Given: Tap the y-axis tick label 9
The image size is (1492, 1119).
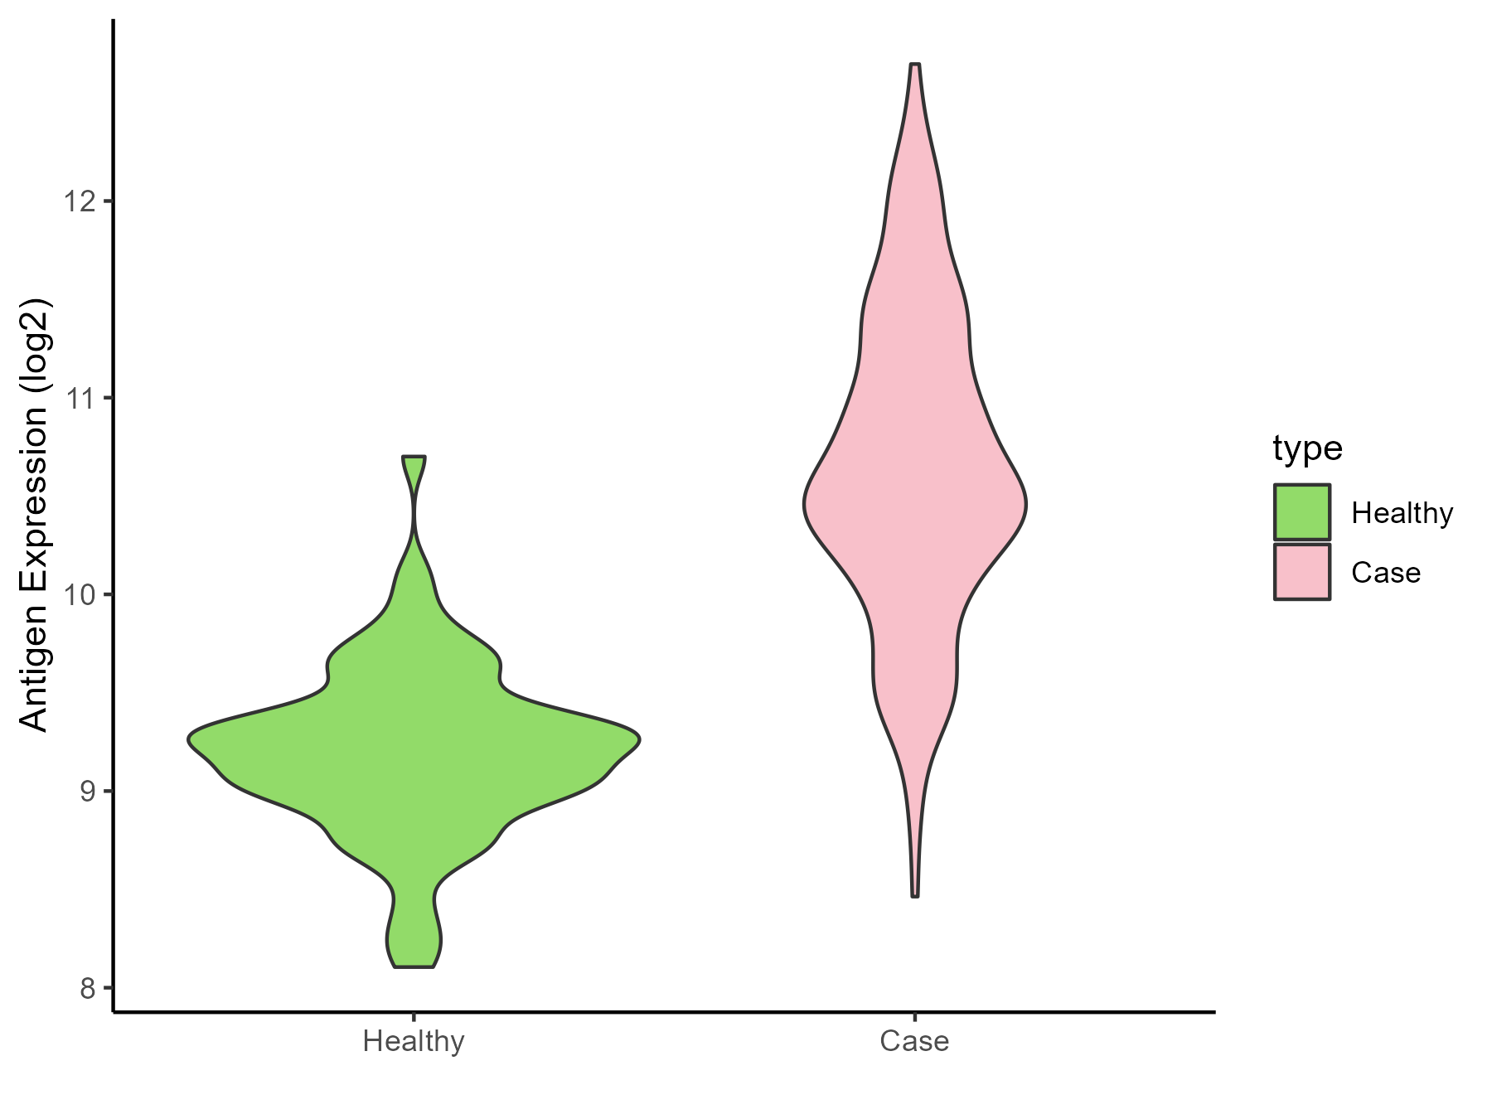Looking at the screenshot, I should (87, 792).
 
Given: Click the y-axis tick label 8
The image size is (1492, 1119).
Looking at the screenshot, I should (87, 988).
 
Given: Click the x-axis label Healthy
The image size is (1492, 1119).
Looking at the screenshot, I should (414, 1040).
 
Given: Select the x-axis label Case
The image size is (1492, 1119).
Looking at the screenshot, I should (914, 1040).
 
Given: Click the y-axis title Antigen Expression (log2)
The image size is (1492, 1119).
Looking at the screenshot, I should (35, 514).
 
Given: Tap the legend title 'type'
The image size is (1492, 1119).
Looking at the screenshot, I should (1307, 448).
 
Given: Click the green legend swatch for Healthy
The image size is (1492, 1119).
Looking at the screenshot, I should (1302, 512).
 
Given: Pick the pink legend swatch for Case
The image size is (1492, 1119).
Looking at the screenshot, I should (1302, 572).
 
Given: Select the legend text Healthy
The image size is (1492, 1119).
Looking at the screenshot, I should (1402, 513).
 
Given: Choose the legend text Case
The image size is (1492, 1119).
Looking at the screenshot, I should (1386, 573).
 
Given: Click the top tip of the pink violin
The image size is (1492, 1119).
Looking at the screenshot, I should (915, 65).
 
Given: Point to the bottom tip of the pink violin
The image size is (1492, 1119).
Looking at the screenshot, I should (915, 895).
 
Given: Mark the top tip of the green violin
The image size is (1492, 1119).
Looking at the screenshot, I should (414, 458).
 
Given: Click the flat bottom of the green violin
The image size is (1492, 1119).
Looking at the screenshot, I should (414, 966).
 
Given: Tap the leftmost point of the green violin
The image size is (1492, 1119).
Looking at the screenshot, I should (190, 737).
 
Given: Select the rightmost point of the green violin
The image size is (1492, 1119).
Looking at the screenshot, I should (639, 737).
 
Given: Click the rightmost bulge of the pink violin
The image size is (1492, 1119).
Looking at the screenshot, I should (1026, 503).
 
